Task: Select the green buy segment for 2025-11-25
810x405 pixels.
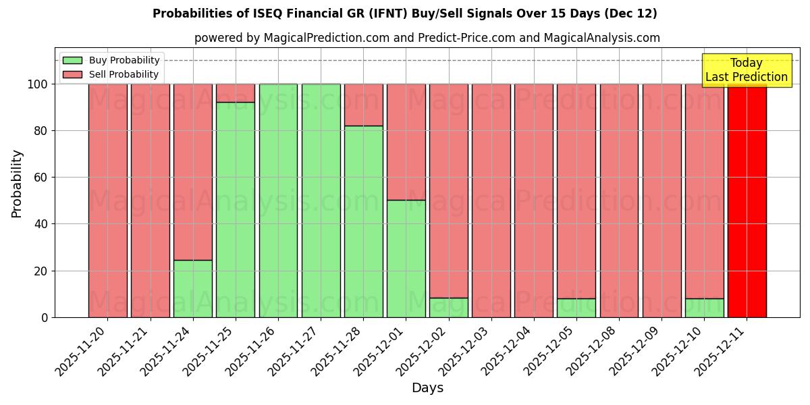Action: tap(236, 209)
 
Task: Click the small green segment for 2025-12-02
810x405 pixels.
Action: tap(448, 307)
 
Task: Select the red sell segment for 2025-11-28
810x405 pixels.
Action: tap(363, 105)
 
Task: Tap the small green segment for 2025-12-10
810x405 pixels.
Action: tap(704, 308)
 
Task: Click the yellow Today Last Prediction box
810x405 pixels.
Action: tap(746, 70)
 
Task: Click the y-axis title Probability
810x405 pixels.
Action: tap(17, 184)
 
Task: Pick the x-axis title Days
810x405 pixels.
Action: tap(427, 388)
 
